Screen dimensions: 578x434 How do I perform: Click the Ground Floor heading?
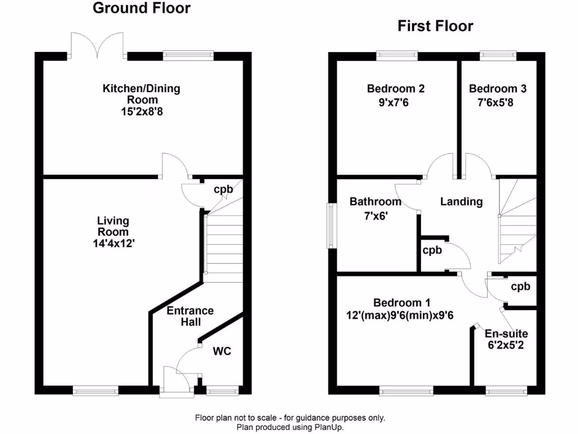pyautogui.click(x=142, y=8)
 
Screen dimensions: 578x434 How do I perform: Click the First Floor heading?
pyautogui.click(x=435, y=26)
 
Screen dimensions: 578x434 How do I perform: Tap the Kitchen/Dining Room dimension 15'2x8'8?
pyautogui.click(x=142, y=111)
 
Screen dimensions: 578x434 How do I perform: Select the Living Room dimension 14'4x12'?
pyautogui.click(x=113, y=244)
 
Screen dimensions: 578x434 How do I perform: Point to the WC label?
pyautogui.click(x=222, y=351)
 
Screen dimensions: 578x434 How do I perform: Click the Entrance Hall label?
pyautogui.click(x=190, y=316)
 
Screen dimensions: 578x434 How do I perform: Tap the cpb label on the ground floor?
pyautogui.click(x=224, y=189)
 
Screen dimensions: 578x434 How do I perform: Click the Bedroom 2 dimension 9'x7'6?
pyautogui.click(x=393, y=102)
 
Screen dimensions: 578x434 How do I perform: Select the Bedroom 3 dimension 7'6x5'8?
pyautogui.click(x=496, y=102)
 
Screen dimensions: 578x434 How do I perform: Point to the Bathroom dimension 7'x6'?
pyautogui.click(x=376, y=215)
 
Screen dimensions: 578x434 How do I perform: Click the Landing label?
pyautogui.click(x=462, y=202)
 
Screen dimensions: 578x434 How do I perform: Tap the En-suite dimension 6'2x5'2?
pyautogui.click(x=506, y=345)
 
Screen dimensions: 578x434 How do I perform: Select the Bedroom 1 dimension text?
pyautogui.click(x=400, y=315)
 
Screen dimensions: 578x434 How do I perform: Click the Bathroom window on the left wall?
pyautogui.click(x=332, y=226)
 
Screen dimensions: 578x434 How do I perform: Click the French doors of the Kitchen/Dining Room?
pyautogui.click(x=97, y=46)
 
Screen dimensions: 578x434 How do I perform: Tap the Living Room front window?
pyautogui.click(x=95, y=390)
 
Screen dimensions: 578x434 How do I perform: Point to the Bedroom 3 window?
pyautogui.click(x=498, y=56)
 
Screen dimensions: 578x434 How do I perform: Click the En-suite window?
pyautogui.click(x=506, y=390)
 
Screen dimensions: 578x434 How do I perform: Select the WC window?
pyautogui.click(x=222, y=390)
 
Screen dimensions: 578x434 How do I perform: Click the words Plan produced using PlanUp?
pyautogui.click(x=290, y=427)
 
